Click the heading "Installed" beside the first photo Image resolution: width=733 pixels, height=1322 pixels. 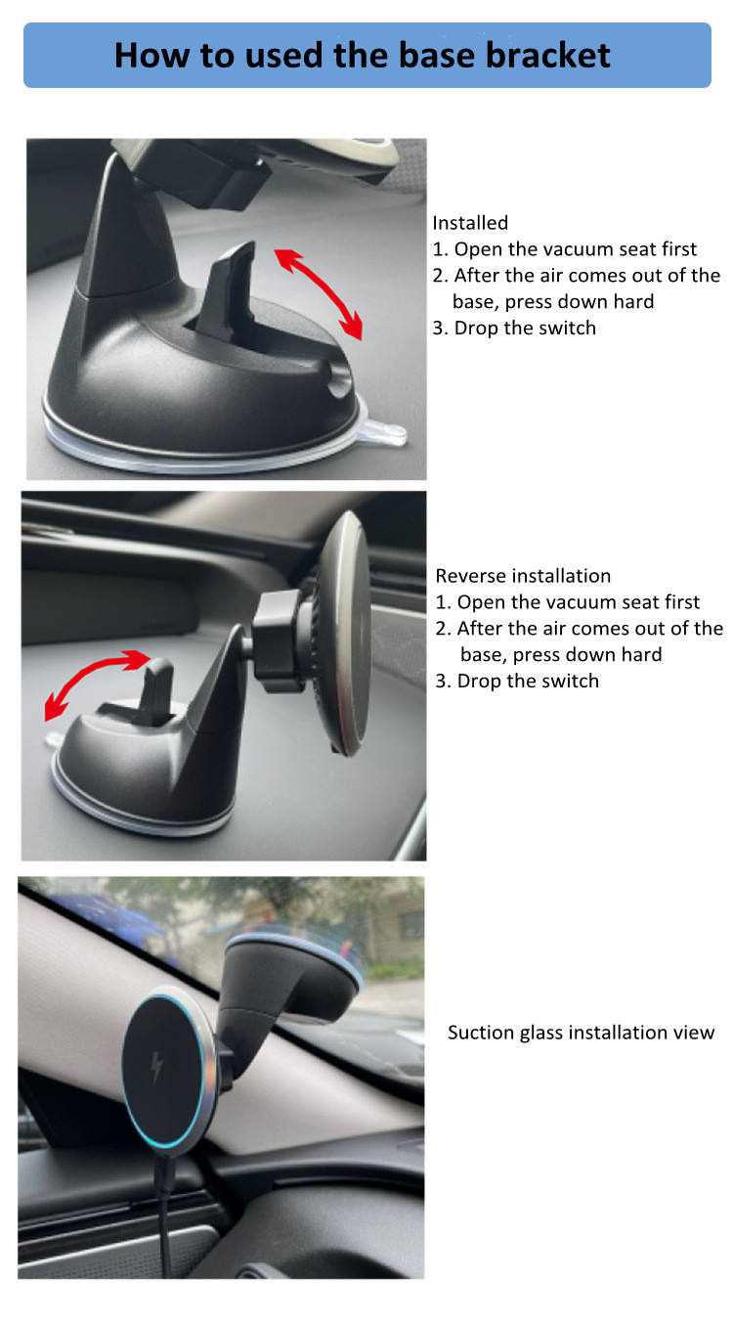coord(470,223)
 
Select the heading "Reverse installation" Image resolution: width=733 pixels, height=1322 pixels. coord(523,576)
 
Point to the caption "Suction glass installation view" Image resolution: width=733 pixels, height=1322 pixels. coord(581,1032)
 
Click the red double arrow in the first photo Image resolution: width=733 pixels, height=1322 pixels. coord(319,293)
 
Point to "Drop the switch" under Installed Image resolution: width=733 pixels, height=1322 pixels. coord(525,328)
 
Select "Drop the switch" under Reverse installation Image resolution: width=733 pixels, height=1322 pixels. coord(528,681)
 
